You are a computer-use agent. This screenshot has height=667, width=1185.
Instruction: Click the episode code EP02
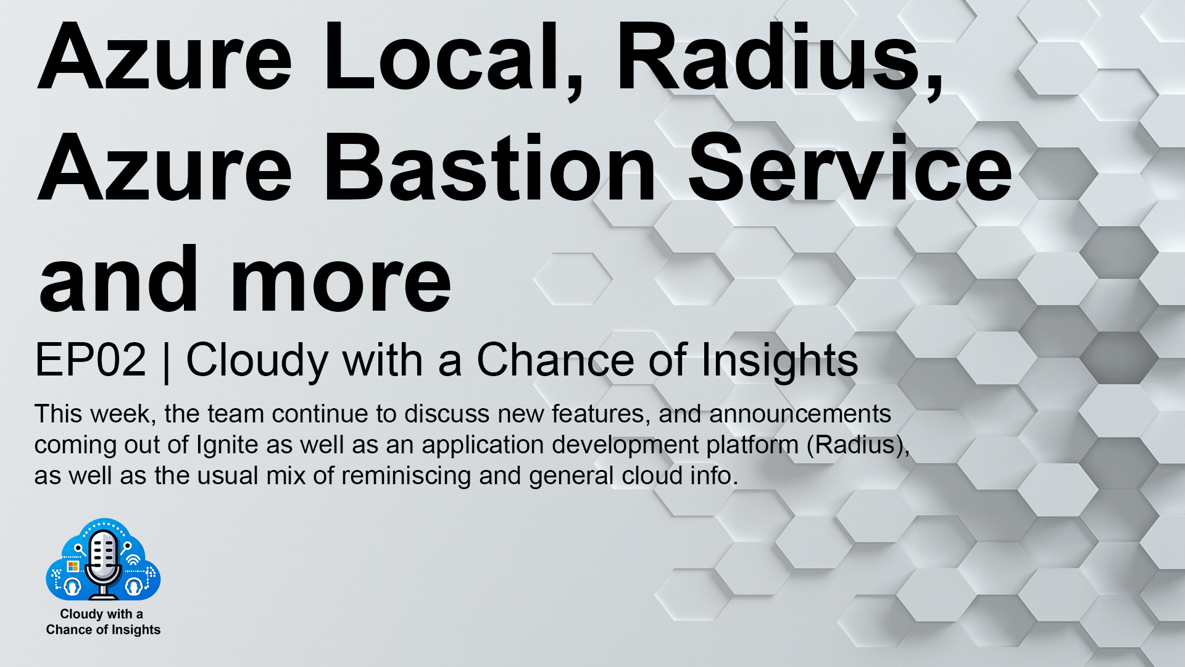[91, 359]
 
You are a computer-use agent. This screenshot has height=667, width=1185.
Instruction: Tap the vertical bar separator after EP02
[166, 361]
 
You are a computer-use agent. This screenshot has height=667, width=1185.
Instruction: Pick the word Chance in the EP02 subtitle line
[555, 359]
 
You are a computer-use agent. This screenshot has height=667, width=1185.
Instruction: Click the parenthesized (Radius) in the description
[858, 445]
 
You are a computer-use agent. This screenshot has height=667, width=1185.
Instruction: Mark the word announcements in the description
[800, 414]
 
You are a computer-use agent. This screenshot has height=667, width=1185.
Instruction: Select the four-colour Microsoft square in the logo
[73, 566]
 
